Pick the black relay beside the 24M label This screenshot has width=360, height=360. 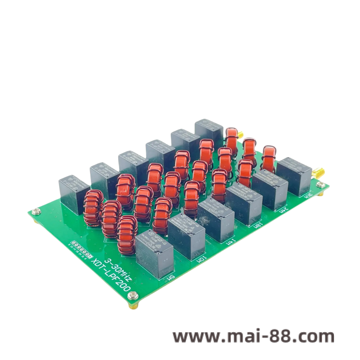pos(270,188)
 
